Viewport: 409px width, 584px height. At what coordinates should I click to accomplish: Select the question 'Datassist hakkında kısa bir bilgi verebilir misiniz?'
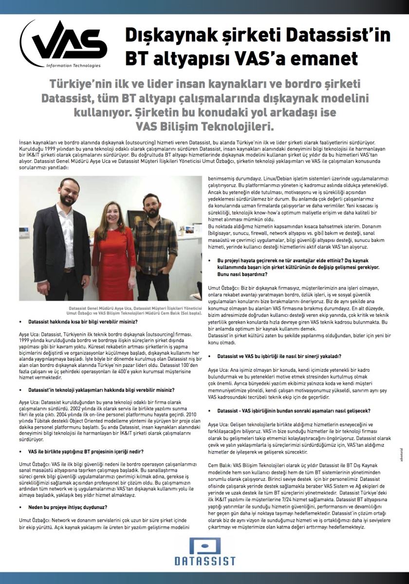click(x=82, y=322)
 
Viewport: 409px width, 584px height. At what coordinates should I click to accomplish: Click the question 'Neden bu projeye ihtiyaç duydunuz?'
click(x=68, y=507)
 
